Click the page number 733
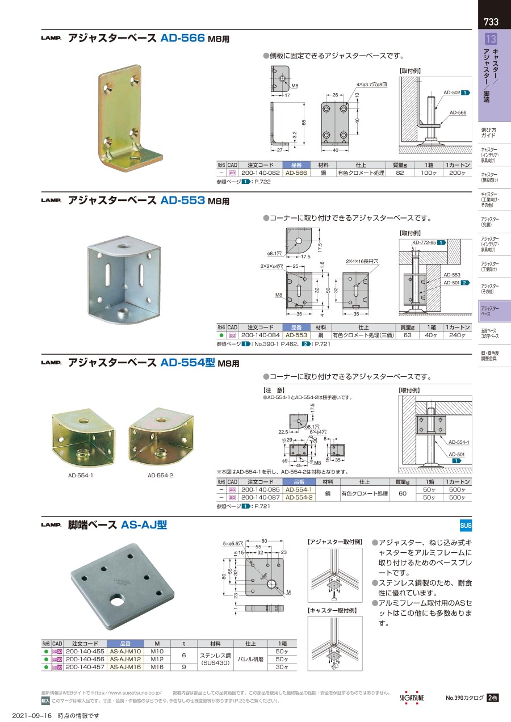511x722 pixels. point(491,22)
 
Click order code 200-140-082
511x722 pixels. point(260,173)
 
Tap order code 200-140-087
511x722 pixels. point(260,497)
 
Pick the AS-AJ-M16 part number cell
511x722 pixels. point(125,668)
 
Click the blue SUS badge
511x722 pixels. point(466,524)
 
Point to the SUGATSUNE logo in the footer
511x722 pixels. point(412,698)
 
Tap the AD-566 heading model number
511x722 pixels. point(182,39)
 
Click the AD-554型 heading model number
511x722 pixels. point(187,363)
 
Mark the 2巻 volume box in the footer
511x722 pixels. point(492,698)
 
